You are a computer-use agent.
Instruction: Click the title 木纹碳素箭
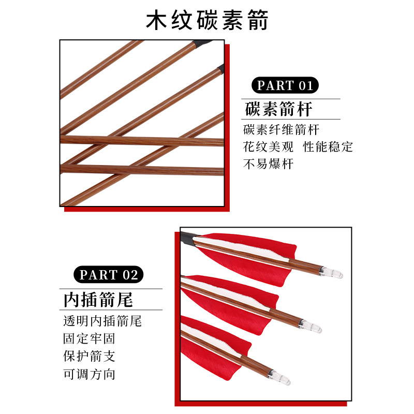point(207,20)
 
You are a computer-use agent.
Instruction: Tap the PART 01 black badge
point(285,85)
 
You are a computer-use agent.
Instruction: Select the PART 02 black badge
point(108,275)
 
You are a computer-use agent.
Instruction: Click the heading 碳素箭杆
point(278,109)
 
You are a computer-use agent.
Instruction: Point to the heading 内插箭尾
point(98,300)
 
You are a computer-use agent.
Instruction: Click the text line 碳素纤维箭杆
point(281,130)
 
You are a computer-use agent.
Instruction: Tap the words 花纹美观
point(268,147)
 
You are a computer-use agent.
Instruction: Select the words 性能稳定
point(328,147)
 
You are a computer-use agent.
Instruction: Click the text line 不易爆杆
point(268,164)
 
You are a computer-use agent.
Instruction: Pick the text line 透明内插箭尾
point(102,321)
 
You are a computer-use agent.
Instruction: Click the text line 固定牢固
point(89,339)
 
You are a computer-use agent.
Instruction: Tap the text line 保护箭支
point(89,357)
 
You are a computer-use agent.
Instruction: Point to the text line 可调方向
point(89,374)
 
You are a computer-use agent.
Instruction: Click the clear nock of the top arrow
point(331,272)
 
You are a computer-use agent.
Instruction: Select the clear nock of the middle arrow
point(310,327)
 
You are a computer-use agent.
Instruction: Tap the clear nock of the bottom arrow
point(279,378)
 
